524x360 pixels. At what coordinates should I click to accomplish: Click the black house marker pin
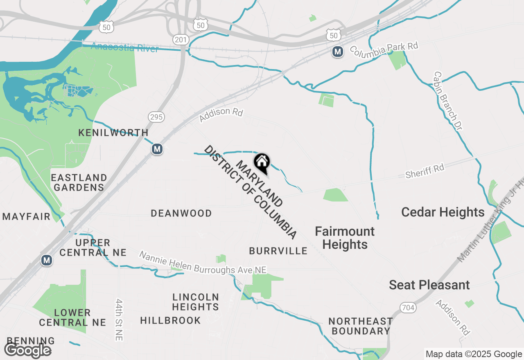pyautogui.click(x=262, y=163)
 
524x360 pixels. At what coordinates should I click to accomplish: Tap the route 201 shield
pyautogui.click(x=179, y=40)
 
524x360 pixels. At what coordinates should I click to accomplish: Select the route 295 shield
pyautogui.click(x=156, y=117)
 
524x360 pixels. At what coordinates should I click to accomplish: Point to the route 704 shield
pyautogui.click(x=407, y=308)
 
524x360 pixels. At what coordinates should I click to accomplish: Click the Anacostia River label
pyautogui.click(x=124, y=47)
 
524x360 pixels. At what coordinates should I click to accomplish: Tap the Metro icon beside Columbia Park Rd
pyautogui.click(x=337, y=52)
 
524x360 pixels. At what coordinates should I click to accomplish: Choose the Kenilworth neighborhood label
pyautogui.click(x=113, y=133)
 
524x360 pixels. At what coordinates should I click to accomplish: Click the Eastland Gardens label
pyautogui.click(x=79, y=182)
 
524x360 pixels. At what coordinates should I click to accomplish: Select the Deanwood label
pyautogui.click(x=181, y=213)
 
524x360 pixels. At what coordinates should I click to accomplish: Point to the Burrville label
pyautogui.click(x=278, y=251)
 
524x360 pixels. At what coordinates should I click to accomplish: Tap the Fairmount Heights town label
pyautogui.click(x=345, y=238)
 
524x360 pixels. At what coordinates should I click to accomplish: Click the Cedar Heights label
pyautogui.click(x=443, y=212)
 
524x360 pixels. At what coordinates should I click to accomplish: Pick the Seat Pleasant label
pyautogui.click(x=429, y=285)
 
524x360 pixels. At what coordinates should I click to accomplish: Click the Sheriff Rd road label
pyautogui.click(x=425, y=171)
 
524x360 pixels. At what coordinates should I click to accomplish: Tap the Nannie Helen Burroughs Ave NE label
pyautogui.click(x=203, y=263)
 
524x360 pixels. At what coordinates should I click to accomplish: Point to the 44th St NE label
pyautogui.click(x=119, y=319)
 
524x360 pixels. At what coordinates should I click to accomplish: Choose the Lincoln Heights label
pyautogui.click(x=195, y=301)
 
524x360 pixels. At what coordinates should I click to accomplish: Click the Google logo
pyautogui.click(x=27, y=350)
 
